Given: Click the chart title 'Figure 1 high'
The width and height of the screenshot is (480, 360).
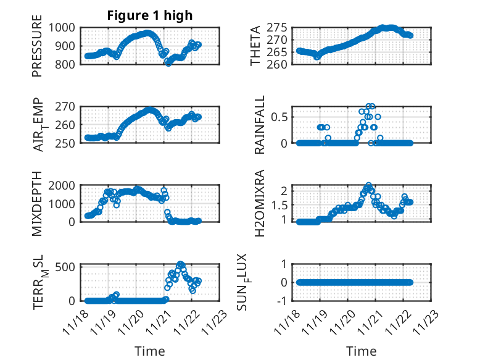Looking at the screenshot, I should tap(150, 15).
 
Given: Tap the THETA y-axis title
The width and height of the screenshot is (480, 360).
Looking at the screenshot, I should tap(255, 46).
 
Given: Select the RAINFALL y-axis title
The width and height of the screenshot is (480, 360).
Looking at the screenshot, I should tap(260, 125).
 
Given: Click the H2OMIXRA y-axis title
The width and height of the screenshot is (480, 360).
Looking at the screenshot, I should tap(260, 204).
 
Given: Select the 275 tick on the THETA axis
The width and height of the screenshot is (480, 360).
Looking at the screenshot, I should tap(279, 28).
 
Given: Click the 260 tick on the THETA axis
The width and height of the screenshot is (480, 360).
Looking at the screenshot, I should tap(279, 64).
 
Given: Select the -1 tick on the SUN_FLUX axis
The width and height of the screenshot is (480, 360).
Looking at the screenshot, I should tap(284, 301).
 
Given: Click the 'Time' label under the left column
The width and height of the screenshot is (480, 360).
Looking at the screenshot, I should tap(150, 351).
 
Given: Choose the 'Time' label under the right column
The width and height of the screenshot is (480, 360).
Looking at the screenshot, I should tap(362, 351).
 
